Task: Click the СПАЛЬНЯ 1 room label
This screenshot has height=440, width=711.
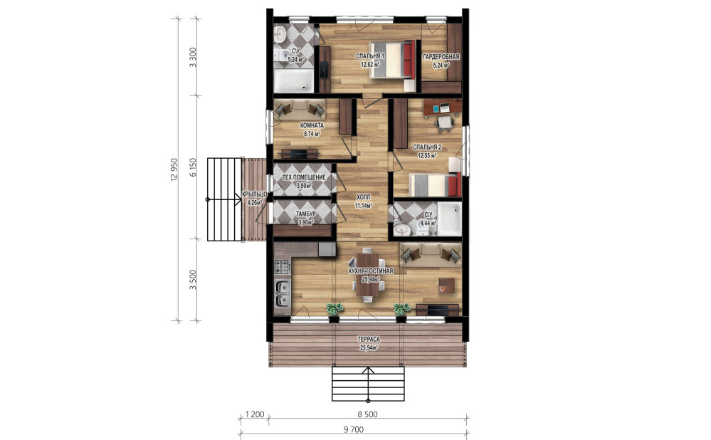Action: [x=370, y=56]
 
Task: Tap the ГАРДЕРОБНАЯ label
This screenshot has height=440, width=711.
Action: [x=441, y=57]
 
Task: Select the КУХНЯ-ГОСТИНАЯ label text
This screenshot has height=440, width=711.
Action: [x=371, y=271]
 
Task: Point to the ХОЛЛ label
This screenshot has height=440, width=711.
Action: [x=363, y=197]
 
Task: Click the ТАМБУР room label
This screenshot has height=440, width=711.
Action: [x=305, y=214]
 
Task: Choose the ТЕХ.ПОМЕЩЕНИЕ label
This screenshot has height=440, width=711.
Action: [x=304, y=177]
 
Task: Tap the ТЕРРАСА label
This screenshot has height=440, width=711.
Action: [x=369, y=340]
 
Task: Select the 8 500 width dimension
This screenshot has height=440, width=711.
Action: [x=367, y=414]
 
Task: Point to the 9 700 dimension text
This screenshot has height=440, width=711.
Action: [x=354, y=429]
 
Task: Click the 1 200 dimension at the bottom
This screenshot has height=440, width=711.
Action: [x=254, y=414]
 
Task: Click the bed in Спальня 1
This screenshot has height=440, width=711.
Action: [x=393, y=60]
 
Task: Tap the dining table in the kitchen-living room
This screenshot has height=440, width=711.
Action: [x=368, y=276]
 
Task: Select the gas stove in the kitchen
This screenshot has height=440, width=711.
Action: [x=282, y=266]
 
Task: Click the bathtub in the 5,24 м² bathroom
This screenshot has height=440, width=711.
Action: [x=294, y=80]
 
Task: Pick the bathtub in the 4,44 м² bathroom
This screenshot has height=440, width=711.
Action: [x=448, y=219]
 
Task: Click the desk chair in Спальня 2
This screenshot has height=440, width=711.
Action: [x=444, y=122]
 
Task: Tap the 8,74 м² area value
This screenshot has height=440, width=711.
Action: [x=312, y=134]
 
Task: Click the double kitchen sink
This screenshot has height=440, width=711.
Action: [x=283, y=293]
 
